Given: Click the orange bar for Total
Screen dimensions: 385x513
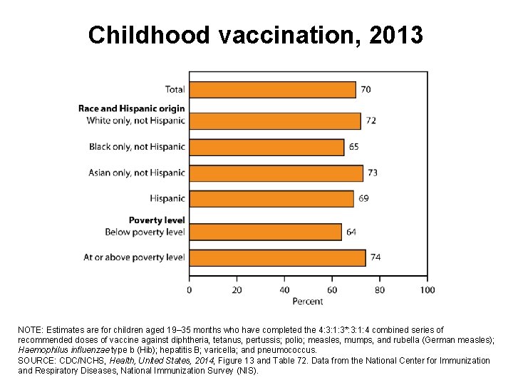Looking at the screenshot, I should [x=272, y=90].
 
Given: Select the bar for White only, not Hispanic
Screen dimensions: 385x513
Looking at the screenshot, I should [x=274, y=120].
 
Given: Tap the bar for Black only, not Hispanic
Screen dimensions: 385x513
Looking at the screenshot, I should [x=266, y=147].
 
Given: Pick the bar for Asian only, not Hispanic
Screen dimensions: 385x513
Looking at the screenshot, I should [x=276, y=173].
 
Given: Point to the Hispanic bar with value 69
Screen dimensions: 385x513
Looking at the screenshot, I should [x=271, y=198].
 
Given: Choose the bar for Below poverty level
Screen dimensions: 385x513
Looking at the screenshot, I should [x=265, y=232].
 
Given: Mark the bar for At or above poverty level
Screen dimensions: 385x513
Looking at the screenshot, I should [x=277, y=257].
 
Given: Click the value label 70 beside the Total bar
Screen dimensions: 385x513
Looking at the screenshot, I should [x=366, y=90].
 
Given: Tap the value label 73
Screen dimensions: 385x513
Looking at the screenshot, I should [x=373, y=173].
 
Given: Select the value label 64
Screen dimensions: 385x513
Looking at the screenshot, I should [x=351, y=232].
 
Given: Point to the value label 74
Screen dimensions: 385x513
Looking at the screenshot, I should [x=376, y=257].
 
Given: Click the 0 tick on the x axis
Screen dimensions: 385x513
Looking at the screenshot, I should [x=189, y=290].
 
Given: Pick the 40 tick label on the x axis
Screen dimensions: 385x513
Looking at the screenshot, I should [x=284, y=290].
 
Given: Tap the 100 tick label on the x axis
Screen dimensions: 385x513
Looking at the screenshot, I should [x=427, y=290].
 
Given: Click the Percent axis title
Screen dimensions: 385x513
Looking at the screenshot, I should [x=308, y=302].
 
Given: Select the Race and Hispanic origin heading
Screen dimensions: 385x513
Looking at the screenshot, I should [x=131, y=108].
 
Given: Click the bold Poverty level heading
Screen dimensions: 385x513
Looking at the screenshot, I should [x=157, y=220].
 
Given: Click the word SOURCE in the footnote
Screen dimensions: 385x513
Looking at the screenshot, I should [x=36, y=361].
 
